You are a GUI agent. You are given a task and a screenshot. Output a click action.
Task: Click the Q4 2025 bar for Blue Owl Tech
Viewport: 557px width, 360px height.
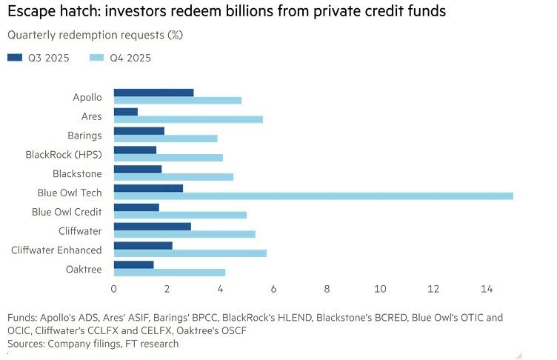[x=313, y=196]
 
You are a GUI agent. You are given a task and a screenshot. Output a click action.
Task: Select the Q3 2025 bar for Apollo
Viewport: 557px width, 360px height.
[x=153, y=93]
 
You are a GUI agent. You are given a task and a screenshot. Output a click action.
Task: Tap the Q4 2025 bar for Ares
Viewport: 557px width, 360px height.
[x=188, y=119]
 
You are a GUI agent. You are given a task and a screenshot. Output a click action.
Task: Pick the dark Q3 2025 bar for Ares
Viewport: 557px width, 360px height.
[x=126, y=112]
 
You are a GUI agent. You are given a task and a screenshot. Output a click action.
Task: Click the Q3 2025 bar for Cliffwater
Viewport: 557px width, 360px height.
[x=152, y=226]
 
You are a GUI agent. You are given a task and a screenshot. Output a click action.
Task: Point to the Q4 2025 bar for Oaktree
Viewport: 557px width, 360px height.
[x=170, y=272]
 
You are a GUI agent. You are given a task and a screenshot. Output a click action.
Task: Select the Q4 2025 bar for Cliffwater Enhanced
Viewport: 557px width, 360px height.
[x=190, y=253]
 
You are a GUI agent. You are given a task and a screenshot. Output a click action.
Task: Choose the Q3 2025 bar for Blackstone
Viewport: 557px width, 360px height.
[x=138, y=169]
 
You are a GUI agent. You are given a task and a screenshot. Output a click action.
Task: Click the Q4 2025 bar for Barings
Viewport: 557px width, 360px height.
[x=165, y=138]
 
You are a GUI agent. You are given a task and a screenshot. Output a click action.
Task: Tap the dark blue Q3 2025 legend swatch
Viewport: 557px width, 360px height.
[x=15, y=58]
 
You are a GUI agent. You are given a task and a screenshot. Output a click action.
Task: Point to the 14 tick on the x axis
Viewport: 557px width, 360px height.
[x=487, y=288]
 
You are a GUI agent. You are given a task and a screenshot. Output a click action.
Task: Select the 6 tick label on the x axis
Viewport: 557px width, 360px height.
[x=273, y=288]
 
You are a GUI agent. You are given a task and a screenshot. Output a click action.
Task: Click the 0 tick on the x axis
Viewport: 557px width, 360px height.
[x=114, y=288]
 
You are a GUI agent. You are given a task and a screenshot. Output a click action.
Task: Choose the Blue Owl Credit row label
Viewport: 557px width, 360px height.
[x=67, y=211]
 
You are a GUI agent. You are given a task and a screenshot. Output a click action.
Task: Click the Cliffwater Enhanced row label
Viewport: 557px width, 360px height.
[x=56, y=250]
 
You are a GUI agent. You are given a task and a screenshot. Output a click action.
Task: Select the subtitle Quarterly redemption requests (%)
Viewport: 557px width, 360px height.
[x=95, y=35]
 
